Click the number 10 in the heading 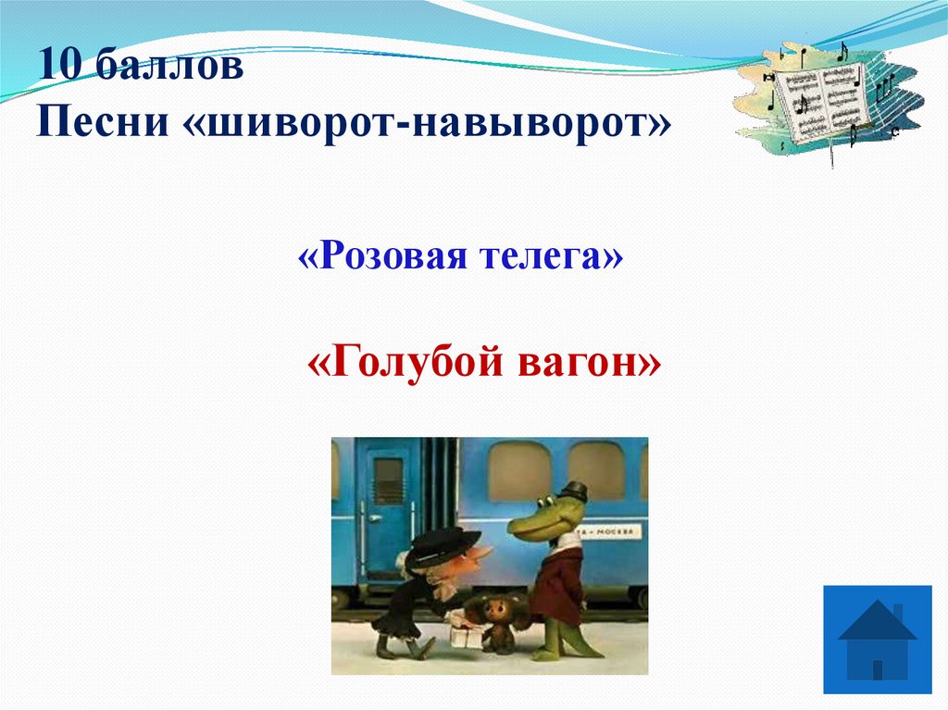[x=57, y=68]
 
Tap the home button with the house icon [x=878, y=639]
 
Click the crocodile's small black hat [x=575, y=492]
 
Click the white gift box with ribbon [x=466, y=634]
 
